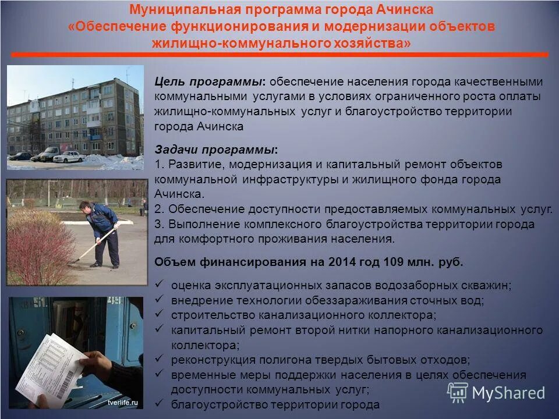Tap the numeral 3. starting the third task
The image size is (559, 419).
[x=160, y=224]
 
